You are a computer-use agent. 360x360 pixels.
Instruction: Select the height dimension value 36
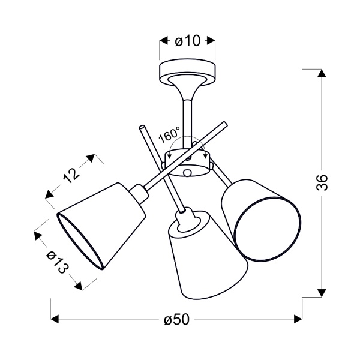(x=322, y=182)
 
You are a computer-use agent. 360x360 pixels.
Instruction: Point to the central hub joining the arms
(x=188, y=162)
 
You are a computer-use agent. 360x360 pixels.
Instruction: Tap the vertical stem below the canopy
(x=186, y=117)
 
